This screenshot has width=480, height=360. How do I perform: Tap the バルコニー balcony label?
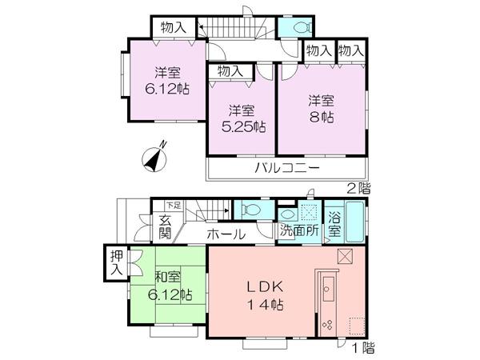[288, 168]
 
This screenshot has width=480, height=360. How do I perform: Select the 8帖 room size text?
[322, 117]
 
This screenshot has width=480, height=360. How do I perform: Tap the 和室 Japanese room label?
[169, 278]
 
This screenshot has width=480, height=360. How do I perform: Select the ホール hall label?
[226, 234]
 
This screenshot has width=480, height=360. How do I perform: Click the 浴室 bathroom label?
[334, 228]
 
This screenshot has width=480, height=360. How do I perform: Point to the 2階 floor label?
[358, 189]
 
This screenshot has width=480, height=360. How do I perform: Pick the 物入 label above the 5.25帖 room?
[230, 72]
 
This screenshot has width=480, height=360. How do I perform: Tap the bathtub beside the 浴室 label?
[354, 224]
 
